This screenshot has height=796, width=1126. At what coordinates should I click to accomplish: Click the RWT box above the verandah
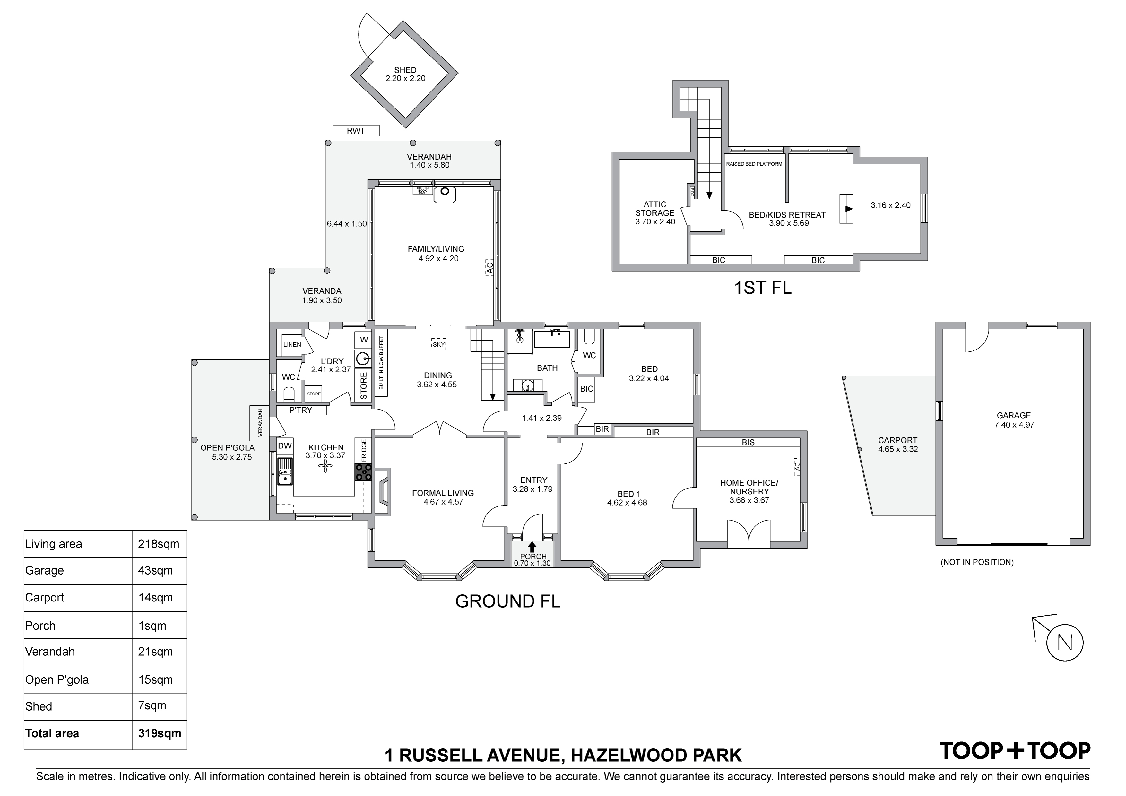click(x=356, y=131)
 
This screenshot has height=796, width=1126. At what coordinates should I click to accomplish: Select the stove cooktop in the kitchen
click(x=363, y=472)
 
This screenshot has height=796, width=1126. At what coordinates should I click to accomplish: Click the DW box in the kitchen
click(x=284, y=446)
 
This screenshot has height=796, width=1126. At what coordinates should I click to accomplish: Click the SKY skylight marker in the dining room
click(x=438, y=345)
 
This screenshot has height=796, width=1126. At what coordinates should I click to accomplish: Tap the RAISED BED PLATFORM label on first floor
click(x=754, y=164)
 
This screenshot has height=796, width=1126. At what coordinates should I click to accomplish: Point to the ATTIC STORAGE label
click(x=655, y=208)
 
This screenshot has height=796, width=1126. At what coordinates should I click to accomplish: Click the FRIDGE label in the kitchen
click(x=363, y=451)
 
